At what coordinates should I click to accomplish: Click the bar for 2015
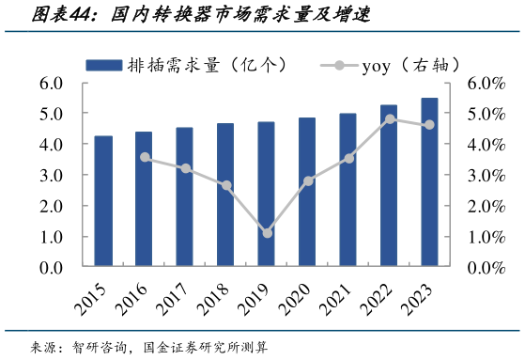click(x=103, y=202)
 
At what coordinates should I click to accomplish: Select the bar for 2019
click(x=267, y=195)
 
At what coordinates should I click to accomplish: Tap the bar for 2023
click(x=429, y=182)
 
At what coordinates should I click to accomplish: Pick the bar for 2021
click(x=348, y=190)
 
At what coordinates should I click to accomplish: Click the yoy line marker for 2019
click(x=267, y=233)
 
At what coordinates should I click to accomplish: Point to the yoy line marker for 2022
click(x=389, y=119)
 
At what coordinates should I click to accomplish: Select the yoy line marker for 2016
click(x=145, y=157)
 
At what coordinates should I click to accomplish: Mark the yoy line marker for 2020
click(x=308, y=180)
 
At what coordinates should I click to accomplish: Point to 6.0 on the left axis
click(x=51, y=84)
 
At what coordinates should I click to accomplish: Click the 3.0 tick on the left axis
click(x=51, y=176)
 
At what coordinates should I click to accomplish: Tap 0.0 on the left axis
click(x=51, y=268)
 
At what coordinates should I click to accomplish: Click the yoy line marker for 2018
click(x=226, y=186)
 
